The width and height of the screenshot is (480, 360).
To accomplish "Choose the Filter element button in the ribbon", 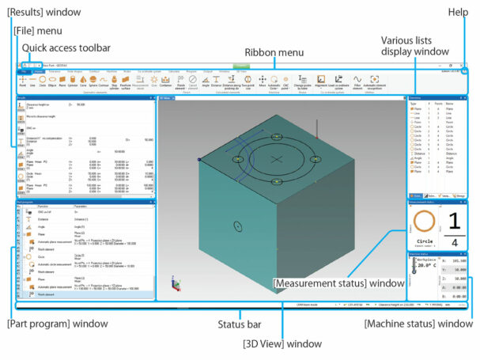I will [x=357, y=81].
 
